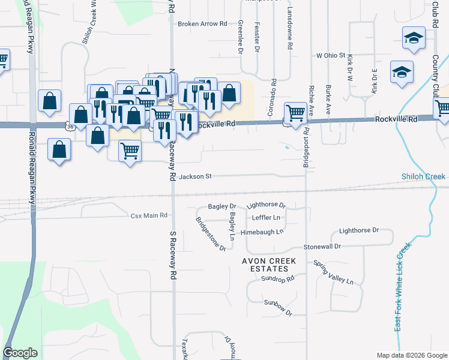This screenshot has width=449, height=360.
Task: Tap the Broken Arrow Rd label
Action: [202, 25]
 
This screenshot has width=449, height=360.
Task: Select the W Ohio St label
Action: [331, 56]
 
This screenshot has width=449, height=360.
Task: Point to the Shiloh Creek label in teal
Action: [424, 176]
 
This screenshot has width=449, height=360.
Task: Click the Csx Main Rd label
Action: [148, 215]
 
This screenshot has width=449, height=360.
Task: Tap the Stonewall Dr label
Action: [322, 247]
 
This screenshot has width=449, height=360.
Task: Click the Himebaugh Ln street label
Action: [261, 232]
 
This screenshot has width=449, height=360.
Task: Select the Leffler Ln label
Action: [266, 217]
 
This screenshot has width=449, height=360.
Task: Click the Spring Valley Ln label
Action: [334, 273]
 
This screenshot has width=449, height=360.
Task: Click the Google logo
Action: [20, 353]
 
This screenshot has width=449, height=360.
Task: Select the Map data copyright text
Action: [411, 355]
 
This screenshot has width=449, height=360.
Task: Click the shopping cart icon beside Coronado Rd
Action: [295, 113]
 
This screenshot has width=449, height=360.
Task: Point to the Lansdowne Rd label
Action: [289, 34]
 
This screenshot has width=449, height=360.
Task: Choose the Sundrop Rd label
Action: [281, 279]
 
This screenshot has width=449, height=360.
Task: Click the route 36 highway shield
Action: [70, 126]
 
